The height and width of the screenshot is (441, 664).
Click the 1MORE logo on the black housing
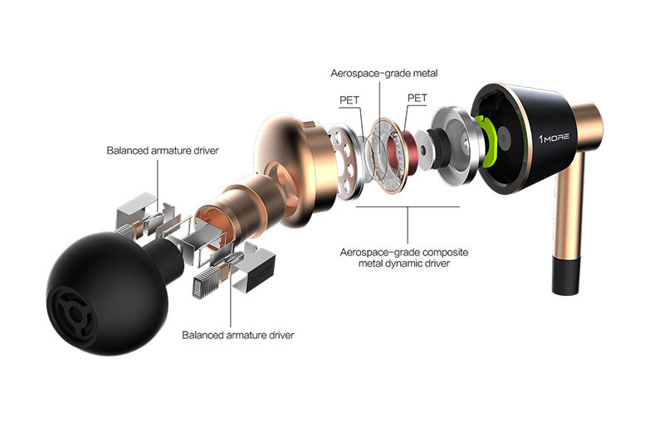click(x=554, y=138)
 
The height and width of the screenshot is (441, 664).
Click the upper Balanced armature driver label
click(x=163, y=151)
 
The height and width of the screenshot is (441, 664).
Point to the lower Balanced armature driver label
click(x=238, y=335)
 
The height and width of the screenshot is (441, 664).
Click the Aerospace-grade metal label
click(x=384, y=73)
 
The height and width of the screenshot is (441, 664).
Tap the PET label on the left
click(x=349, y=99)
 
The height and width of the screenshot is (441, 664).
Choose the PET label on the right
click(x=417, y=98)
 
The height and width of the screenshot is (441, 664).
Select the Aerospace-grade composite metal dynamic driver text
click(x=404, y=258)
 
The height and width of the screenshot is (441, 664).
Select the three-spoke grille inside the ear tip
click(x=73, y=313)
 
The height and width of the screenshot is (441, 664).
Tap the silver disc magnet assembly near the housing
click(x=453, y=146)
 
